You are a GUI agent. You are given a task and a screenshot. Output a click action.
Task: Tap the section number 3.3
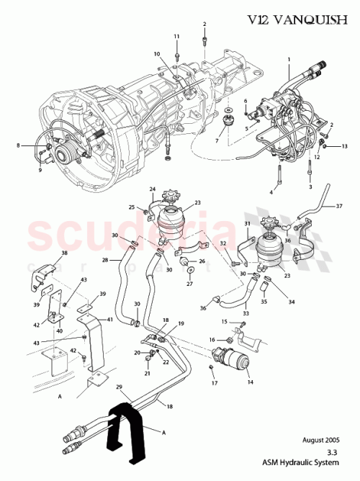pyautogui.click(x=332, y=452)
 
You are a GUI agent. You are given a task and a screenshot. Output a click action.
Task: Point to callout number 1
pyautogui.click(x=289, y=58)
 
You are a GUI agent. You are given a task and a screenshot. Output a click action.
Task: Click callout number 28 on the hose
pyautogui.click(x=104, y=259)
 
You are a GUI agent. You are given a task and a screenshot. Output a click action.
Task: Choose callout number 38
pyautogui.click(x=45, y=253)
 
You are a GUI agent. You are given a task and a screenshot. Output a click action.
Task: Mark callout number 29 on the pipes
pyautogui.click(x=121, y=388)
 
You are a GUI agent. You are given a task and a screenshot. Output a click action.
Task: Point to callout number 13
pyautogui.click(x=344, y=146)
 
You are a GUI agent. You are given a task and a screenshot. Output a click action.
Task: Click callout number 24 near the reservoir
pyautogui.click(x=153, y=190)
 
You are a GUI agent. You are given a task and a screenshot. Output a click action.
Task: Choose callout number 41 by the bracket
pyautogui.click(x=109, y=319)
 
